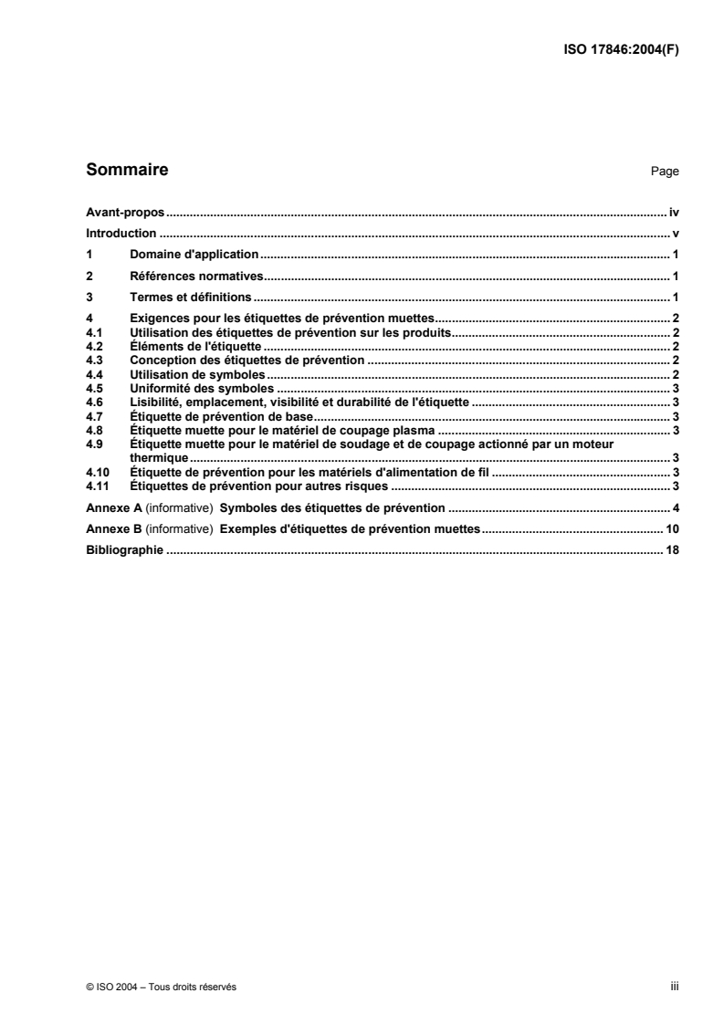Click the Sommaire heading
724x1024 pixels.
(127, 170)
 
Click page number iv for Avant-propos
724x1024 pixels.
(673, 212)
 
